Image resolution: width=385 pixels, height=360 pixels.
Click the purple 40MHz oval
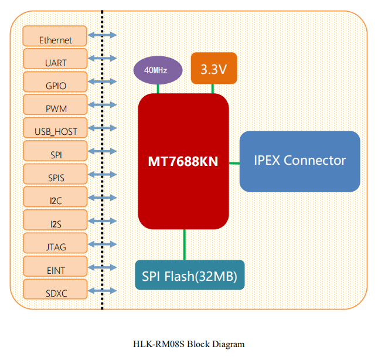tap(155, 70)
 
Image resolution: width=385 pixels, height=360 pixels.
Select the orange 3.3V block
tap(213, 68)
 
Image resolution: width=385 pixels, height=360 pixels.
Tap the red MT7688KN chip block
tap(183, 161)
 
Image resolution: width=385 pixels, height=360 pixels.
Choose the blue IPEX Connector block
tap(299, 161)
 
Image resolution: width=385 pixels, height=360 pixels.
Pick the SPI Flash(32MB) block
tap(189, 275)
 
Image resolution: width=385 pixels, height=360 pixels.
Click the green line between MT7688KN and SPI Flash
tap(185, 244)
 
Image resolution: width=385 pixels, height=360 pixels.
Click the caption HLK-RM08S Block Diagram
tap(189, 344)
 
